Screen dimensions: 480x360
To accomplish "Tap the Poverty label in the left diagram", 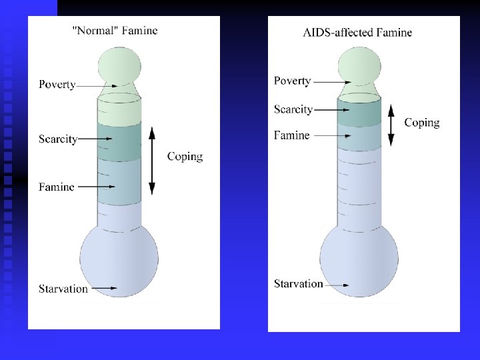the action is [57, 85].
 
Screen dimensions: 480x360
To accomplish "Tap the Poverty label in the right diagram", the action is [292, 81].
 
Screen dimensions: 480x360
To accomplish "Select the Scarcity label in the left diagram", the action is [58, 139].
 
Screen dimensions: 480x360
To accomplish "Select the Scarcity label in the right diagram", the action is [293, 109].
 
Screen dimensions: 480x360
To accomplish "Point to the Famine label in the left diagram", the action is [56, 187].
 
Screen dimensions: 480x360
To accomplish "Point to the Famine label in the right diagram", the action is [291, 135].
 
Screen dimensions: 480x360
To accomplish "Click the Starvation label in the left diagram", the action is [63, 289].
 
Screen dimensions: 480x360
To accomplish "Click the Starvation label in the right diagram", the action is [298, 283].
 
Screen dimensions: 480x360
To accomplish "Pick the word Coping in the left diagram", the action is [185, 157].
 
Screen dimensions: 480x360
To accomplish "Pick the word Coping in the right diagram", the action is [421, 122].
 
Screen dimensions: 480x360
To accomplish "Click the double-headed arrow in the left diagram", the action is [151, 160].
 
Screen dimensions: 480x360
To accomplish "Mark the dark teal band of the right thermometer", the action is [359, 112].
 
